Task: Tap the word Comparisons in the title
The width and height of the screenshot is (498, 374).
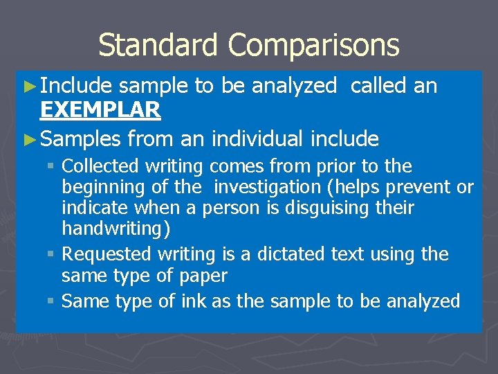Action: point(314,46)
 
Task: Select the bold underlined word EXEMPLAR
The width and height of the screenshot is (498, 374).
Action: point(100,109)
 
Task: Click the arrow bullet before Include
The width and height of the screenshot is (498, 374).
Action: point(28,86)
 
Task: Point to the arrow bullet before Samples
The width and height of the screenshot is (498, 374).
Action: point(28,139)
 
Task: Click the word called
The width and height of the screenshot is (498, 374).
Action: point(378,86)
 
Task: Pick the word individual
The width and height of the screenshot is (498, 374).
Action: point(257,139)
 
